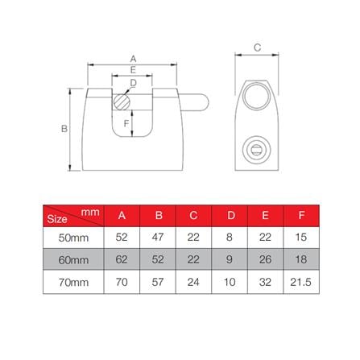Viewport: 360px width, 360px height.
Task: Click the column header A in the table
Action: [122, 215]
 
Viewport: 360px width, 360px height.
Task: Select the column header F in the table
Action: [301, 215]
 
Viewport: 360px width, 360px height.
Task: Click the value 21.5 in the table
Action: [301, 283]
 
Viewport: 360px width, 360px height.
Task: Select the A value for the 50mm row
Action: [122, 238]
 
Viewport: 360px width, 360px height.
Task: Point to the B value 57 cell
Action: [158, 283]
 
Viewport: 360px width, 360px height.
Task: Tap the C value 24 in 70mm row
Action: [193, 283]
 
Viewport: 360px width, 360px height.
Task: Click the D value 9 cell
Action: [230, 261]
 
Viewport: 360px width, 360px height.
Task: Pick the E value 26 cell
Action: [265, 261]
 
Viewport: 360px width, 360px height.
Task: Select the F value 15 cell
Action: [301, 238]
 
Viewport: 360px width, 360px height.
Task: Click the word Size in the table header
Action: [56, 219]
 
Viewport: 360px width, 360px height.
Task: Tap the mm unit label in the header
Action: [89, 211]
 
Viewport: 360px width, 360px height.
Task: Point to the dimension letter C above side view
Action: [257, 48]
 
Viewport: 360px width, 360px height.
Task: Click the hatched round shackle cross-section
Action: [122, 102]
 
